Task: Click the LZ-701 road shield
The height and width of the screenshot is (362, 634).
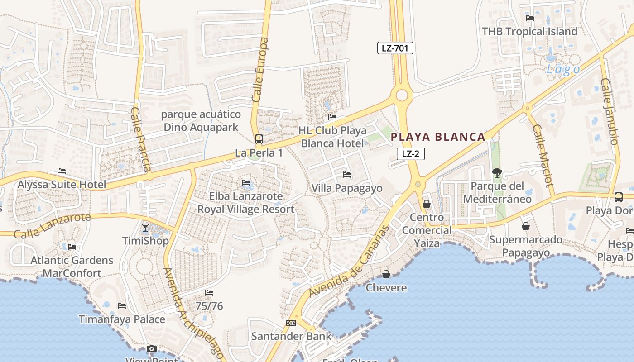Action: [395, 48]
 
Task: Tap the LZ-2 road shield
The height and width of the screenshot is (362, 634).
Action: [410, 154]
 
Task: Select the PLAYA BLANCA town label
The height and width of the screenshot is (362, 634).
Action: [438, 137]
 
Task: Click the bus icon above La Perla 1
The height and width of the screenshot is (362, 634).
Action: [259, 139]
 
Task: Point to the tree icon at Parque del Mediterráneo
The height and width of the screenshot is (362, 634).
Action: [497, 172]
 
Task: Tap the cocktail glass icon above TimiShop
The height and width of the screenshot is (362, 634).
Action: [145, 227]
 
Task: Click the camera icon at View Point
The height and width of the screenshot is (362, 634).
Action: [152, 349]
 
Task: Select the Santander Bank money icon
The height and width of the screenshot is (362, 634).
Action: [291, 323]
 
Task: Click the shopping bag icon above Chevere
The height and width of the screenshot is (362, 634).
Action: [386, 274]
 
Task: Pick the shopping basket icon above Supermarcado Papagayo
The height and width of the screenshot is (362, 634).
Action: [526, 226]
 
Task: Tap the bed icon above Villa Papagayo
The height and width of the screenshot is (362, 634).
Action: [347, 175]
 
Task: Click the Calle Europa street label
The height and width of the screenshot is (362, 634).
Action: [260, 70]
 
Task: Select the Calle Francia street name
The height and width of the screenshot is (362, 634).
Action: [140, 139]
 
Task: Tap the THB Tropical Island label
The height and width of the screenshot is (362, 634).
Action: [529, 32]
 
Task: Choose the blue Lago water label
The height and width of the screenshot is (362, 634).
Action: [563, 69]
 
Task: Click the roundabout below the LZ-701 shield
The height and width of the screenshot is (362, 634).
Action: [402, 95]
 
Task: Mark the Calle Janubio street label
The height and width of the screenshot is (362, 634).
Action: [609, 111]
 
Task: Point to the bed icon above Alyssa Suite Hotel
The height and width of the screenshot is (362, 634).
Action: [62, 171]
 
